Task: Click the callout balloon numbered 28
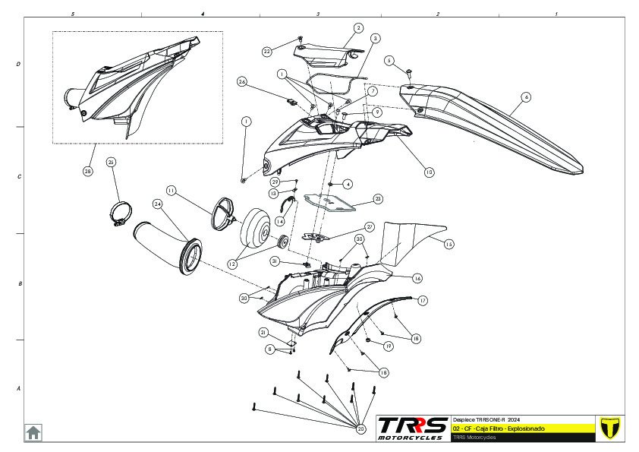coord(88,171)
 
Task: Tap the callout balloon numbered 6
coord(526,97)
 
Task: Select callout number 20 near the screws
coord(360,428)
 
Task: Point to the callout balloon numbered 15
coord(449,244)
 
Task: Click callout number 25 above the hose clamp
coord(111,163)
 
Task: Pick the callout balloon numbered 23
coord(378,199)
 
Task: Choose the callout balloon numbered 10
coord(429,172)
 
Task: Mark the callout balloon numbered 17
coord(423,301)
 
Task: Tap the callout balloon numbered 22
coord(267,52)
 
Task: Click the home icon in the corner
coord(33,432)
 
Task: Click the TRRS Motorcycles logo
coord(412,428)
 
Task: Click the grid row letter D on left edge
coord(18,65)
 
